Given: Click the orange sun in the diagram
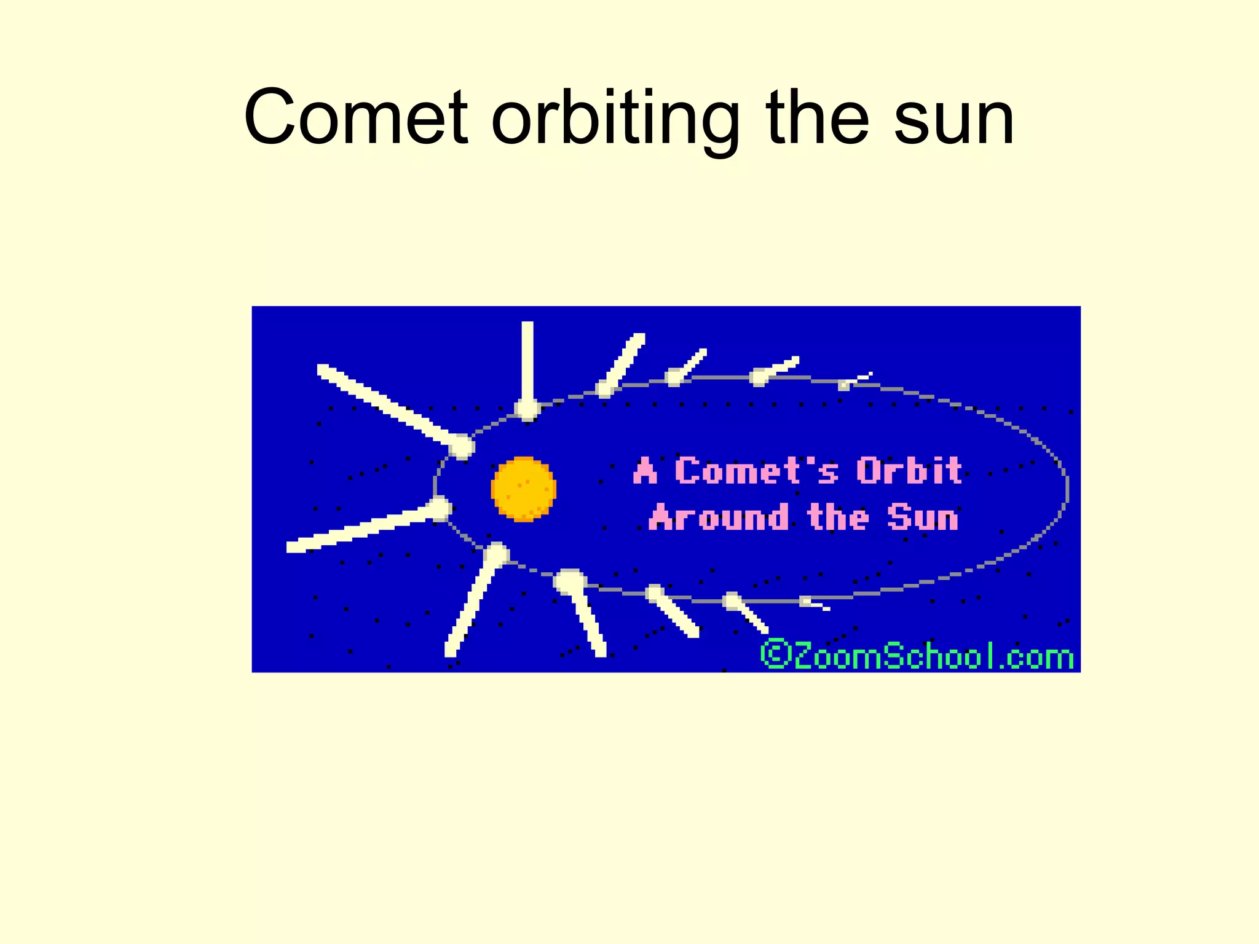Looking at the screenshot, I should click(523, 489).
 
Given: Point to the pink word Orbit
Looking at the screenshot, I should click(909, 471).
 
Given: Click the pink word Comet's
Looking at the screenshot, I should click(756, 471).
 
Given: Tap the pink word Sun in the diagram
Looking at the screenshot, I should click(923, 517).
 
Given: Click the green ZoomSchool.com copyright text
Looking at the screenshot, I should click(917, 655).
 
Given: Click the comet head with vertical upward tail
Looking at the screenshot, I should click(527, 408).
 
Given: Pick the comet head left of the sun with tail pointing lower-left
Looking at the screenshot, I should click(440, 508).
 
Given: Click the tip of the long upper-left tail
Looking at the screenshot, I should click(321, 369).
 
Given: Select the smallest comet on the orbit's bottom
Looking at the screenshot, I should click(806, 602).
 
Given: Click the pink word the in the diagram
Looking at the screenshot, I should click(838, 517).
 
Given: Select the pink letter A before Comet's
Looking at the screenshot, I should click(645, 471).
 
